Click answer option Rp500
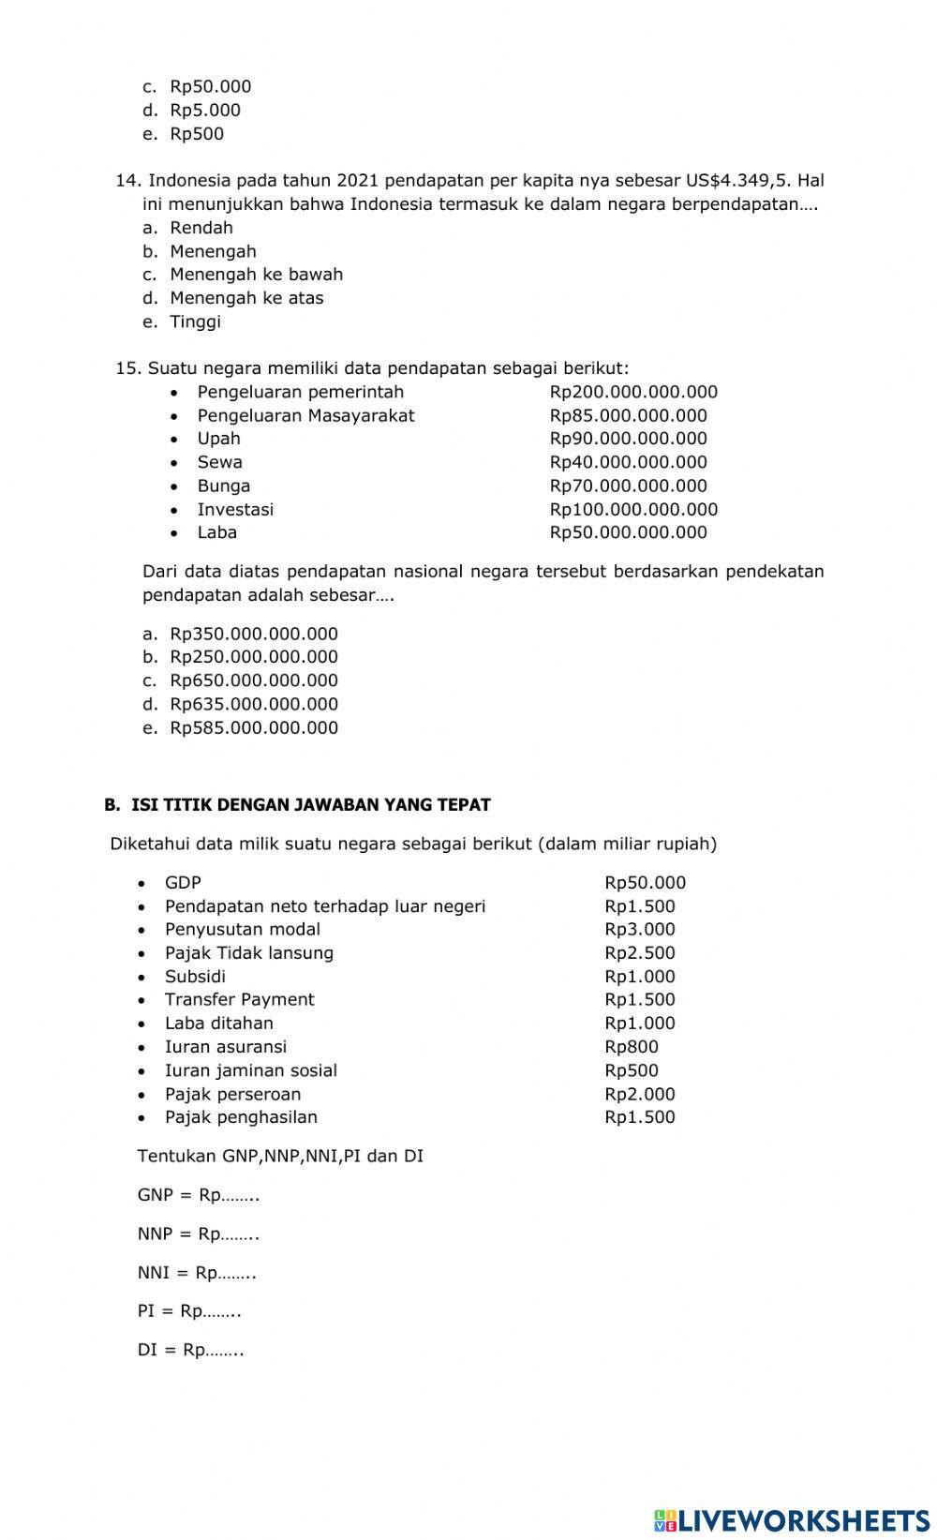(x=197, y=134)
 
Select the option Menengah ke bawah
(x=256, y=275)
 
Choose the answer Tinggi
(x=195, y=321)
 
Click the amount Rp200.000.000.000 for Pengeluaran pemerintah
(x=633, y=392)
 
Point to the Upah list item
(x=218, y=439)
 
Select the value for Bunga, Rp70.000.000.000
(x=628, y=486)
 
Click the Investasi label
(x=235, y=509)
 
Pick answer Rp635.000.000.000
(x=253, y=704)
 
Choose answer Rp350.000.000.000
(x=253, y=634)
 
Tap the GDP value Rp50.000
(x=645, y=883)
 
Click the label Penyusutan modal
(x=242, y=930)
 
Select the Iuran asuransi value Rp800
(x=631, y=1047)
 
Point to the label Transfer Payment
(x=239, y=1000)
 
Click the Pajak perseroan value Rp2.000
(x=639, y=1094)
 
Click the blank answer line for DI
(x=225, y=1351)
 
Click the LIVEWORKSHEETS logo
(x=792, y=1519)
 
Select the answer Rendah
(x=201, y=228)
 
